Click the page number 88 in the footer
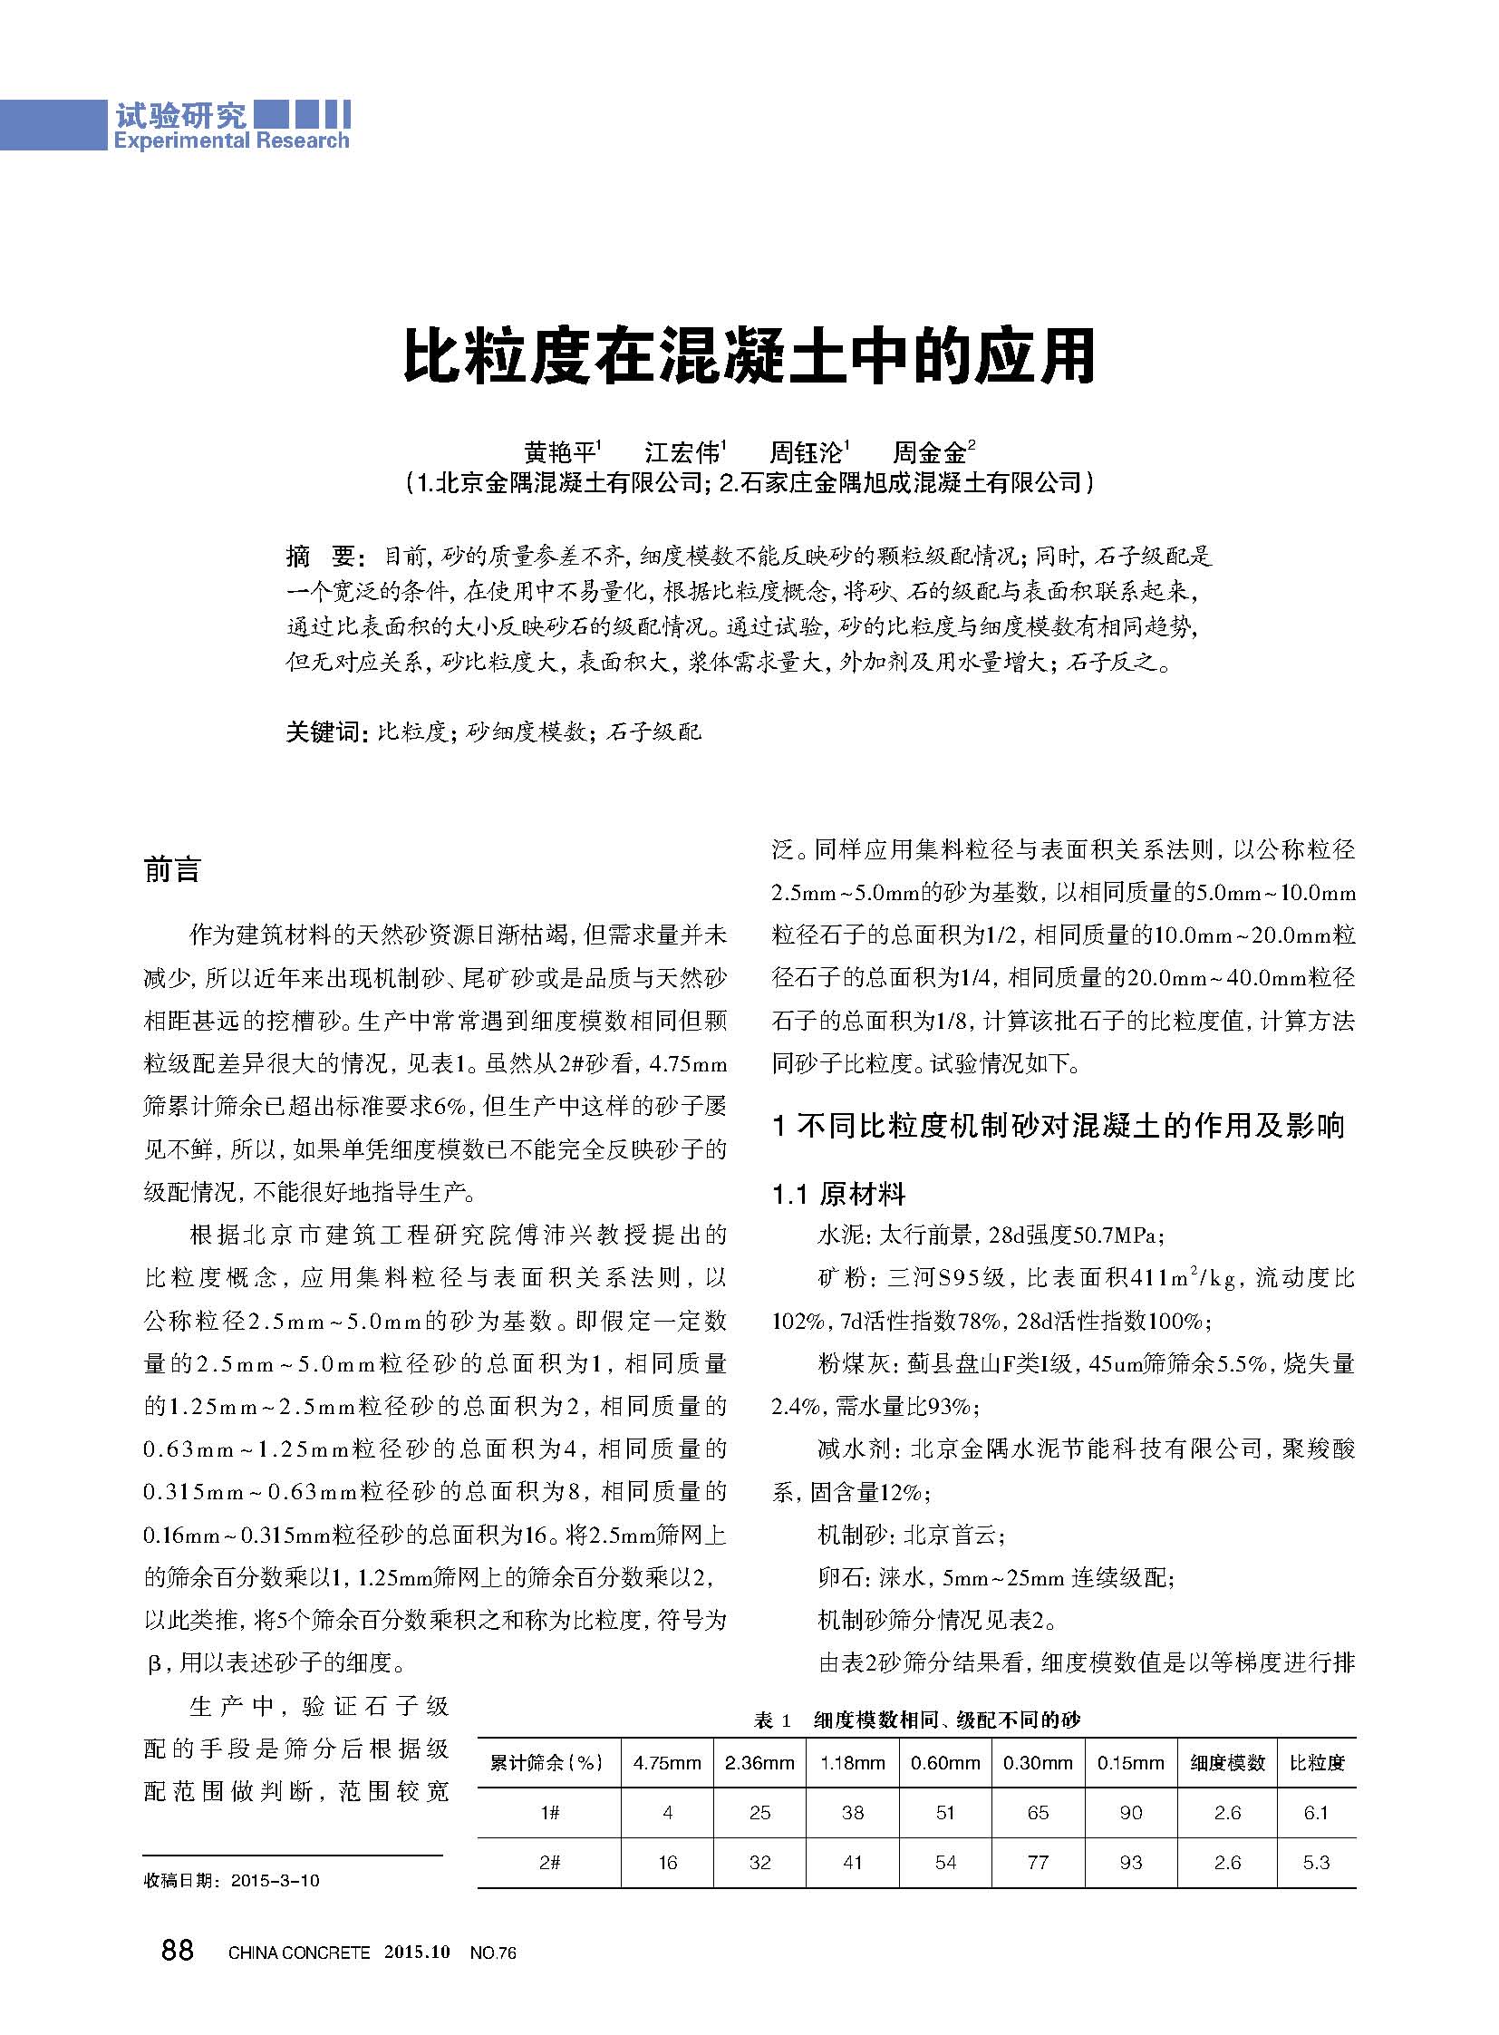(x=178, y=1950)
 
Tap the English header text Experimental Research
(x=230, y=141)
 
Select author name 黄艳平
(x=560, y=451)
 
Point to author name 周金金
(x=929, y=451)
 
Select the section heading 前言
(x=171, y=870)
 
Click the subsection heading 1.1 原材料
(x=838, y=1194)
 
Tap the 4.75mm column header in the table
(x=667, y=1763)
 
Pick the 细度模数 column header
(x=1227, y=1763)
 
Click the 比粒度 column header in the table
(x=1317, y=1763)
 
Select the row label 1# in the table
(x=549, y=1813)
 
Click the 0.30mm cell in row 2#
(x=1038, y=1863)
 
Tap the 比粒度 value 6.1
(x=1316, y=1813)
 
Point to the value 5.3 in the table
(x=1316, y=1863)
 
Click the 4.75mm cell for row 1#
(x=667, y=1813)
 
